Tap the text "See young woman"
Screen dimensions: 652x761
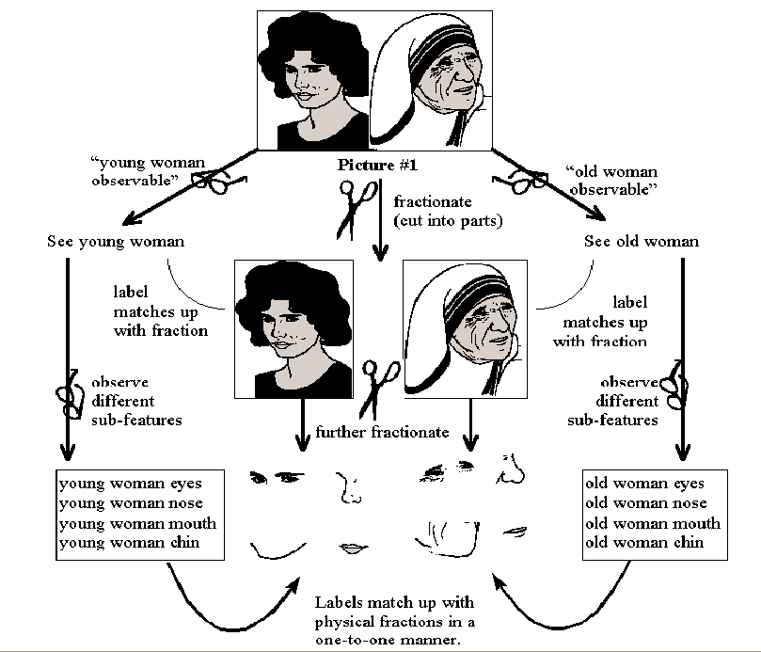[115, 242]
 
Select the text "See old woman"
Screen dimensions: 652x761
[642, 242]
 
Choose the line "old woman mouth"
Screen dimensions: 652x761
[653, 523]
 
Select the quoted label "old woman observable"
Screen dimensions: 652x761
[611, 181]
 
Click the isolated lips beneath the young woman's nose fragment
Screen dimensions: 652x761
[352, 549]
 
